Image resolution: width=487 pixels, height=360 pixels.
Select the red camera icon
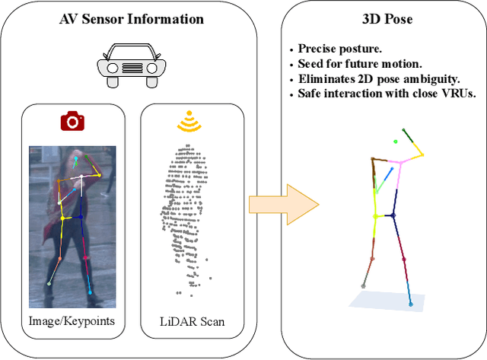[72, 121]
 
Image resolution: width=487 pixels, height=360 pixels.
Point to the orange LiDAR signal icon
[191, 122]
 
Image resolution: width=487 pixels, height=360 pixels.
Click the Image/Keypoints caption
[72, 320]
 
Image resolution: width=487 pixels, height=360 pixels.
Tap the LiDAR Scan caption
[193, 320]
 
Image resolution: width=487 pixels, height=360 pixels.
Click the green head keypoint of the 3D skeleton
[395, 141]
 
